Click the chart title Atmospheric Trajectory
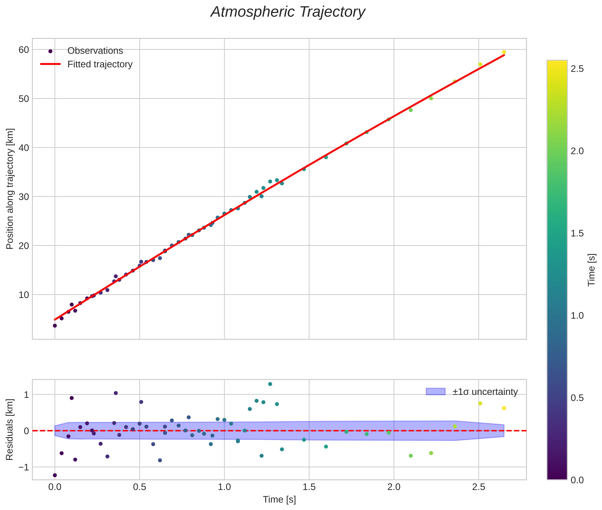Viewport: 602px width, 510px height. coord(288,12)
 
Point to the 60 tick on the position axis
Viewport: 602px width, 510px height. coord(24,50)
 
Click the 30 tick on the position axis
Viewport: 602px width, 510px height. coord(24,197)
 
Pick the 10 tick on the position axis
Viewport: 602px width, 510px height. coord(24,295)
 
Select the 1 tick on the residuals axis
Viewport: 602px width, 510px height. coord(26,395)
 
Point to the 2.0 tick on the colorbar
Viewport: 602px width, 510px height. coord(577,151)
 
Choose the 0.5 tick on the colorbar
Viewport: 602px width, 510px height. coord(577,398)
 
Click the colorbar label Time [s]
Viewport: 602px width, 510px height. coord(592,270)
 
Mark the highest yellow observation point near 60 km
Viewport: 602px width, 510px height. coord(504,52)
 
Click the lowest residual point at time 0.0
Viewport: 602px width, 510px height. coord(55,475)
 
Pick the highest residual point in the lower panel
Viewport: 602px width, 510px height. coord(270,384)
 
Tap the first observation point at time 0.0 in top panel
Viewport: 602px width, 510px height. coord(55,326)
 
